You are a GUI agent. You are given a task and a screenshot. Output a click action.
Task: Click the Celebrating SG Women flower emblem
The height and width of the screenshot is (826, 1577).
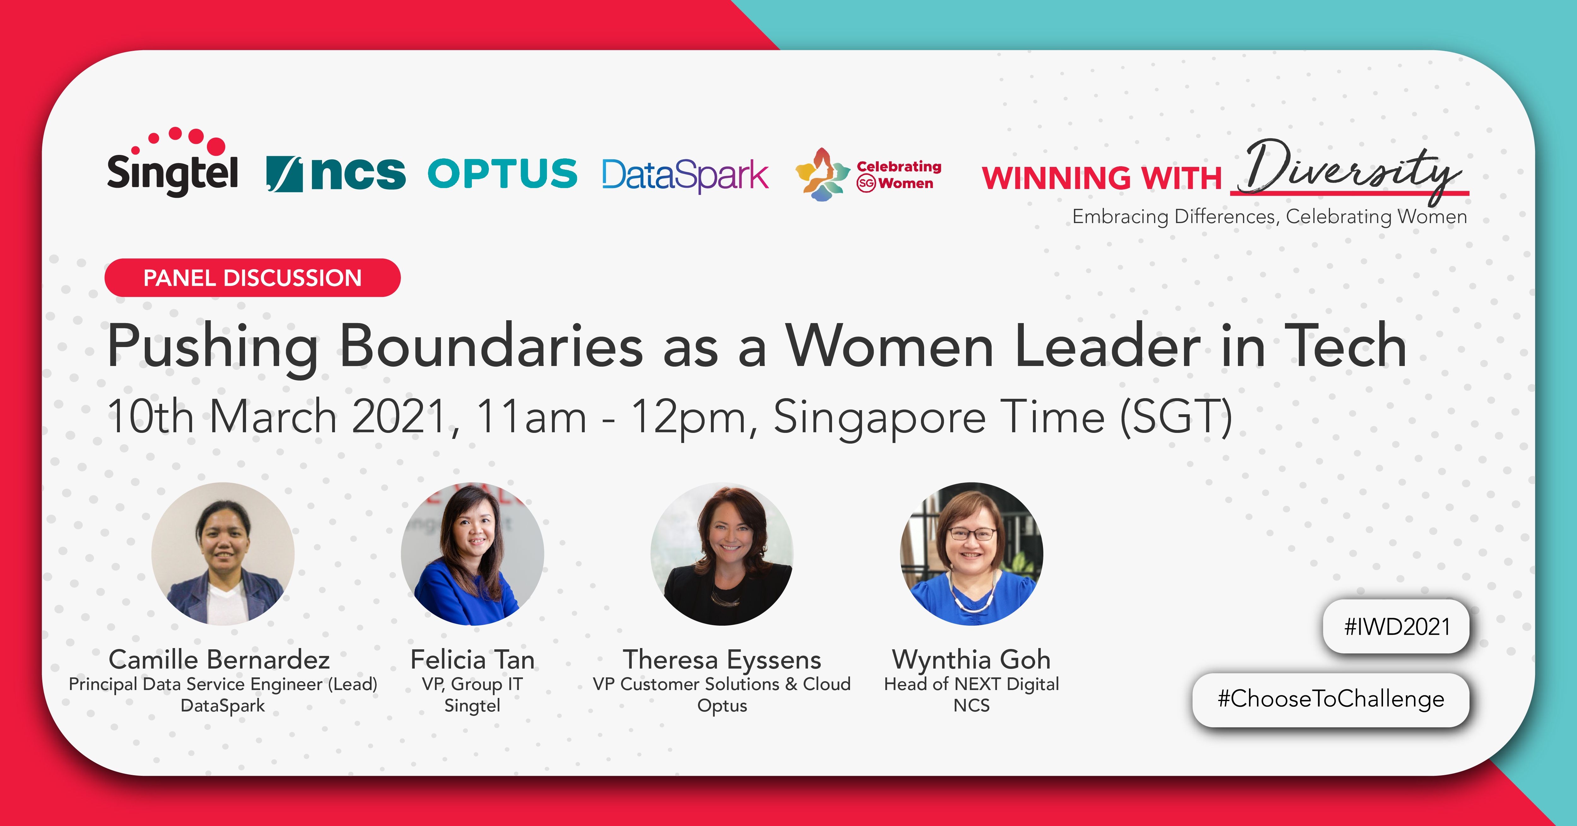(823, 174)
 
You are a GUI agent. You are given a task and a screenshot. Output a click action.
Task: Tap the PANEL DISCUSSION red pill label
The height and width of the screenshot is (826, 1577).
(252, 278)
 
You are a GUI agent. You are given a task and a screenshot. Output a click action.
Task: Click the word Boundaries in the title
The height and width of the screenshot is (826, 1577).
(491, 346)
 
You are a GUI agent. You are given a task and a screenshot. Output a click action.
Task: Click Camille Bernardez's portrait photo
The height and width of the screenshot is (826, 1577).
(223, 553)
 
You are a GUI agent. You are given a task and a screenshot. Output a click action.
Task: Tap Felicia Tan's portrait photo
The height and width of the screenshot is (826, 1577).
(472, 553)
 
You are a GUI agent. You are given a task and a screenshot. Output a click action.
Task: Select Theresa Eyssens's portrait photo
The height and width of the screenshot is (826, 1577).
(722, 553)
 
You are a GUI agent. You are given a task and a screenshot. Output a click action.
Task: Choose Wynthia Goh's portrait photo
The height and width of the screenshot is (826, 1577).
(971, 553)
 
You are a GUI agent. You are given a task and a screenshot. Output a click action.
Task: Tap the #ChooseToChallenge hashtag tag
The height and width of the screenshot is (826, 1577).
(1331, 699)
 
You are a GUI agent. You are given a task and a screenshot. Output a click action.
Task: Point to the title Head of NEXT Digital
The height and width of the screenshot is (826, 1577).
(971, 684)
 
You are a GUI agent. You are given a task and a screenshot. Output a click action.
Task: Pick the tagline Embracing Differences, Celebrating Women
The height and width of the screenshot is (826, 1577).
(1270, 217)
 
